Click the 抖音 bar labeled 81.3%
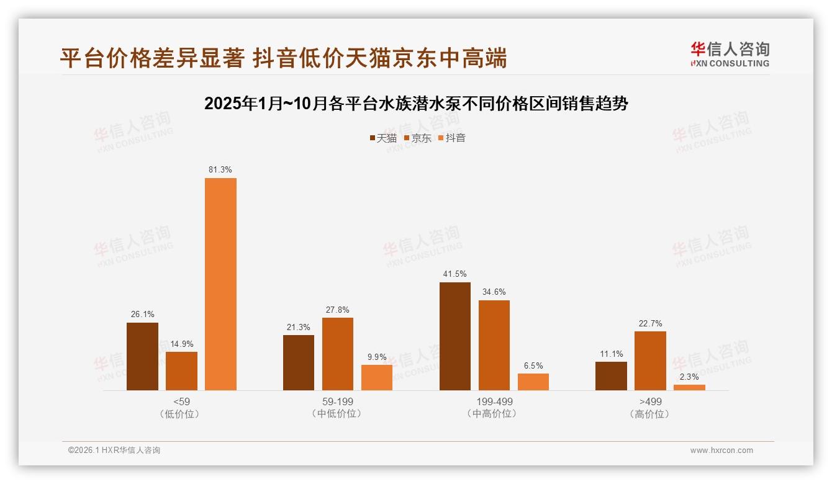click(220, 284)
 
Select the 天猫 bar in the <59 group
click(142, 356)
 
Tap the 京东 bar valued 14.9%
click(181, 371)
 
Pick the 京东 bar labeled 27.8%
click(338, 354)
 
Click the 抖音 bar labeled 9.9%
click(377, 377)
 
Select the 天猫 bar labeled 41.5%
click(455, 336)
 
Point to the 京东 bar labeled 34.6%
click(494, 345)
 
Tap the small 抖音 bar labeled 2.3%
click(689, 387)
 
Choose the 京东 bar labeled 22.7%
click(650, 361)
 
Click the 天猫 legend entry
click(382, 138)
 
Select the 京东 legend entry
click(417, 138)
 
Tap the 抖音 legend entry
click(451, 138)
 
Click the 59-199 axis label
click(337, 401)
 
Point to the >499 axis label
click(650, 401)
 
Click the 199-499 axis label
click(494, 401)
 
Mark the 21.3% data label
click(299, 328)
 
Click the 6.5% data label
click(533, 366)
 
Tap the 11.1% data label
click(611, 354)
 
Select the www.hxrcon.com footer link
click(721, 450)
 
